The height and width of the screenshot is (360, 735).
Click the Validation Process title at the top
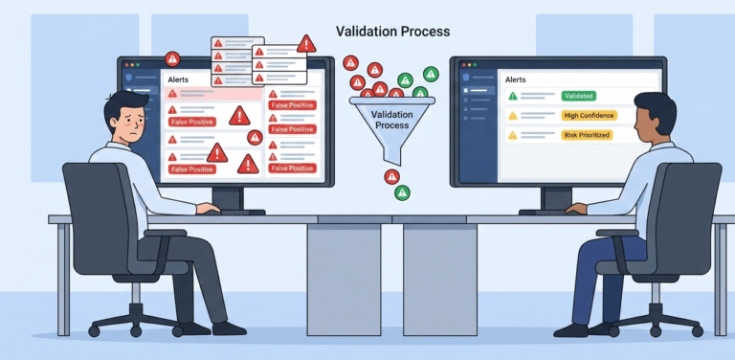click(x=392, y=32)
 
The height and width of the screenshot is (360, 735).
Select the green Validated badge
click(x=578, y=96)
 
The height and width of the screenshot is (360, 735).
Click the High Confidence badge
click(x=589, y=116)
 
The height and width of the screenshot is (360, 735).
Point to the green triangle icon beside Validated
click(x=513, y=96)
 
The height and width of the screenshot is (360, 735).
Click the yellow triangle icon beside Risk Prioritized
click(x=513, y=136)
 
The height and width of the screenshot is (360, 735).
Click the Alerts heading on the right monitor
click(x=516, y=79)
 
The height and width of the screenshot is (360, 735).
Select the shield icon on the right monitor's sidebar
click(x=465, y=77)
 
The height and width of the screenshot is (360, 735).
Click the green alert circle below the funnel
click(x=402, y=192)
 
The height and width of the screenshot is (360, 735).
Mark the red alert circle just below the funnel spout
click(x=391, y=176)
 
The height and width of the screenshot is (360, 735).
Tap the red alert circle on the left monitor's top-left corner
click(x=173, y=58)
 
